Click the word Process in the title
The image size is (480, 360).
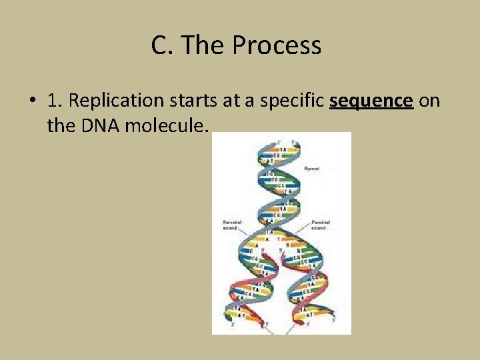pos(277,45)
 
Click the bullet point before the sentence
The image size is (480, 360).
pos(32,101)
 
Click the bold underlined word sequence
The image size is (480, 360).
pos(371,101)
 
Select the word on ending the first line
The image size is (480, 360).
pos(430,101)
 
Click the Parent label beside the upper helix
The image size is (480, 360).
pos(311,169)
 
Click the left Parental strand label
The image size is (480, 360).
pos(231,224)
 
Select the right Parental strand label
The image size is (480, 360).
pos(322,224)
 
